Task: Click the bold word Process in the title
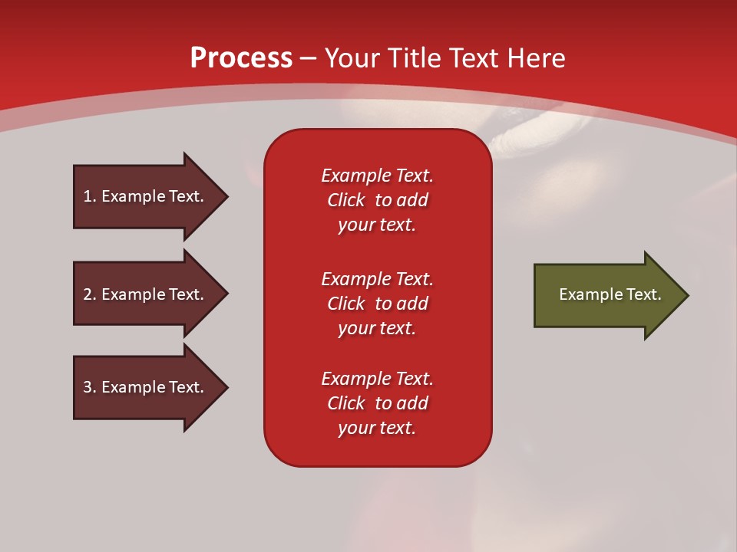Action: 242,58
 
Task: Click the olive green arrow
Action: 611,295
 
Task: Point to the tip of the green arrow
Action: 689,295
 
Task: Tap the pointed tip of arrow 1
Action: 229,197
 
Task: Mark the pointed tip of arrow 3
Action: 229,388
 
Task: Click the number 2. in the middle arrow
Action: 90,294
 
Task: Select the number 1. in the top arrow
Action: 90,196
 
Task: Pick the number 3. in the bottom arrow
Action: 90,386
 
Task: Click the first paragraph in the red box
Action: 378,200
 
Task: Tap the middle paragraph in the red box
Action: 378,304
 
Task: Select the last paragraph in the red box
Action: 378,403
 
